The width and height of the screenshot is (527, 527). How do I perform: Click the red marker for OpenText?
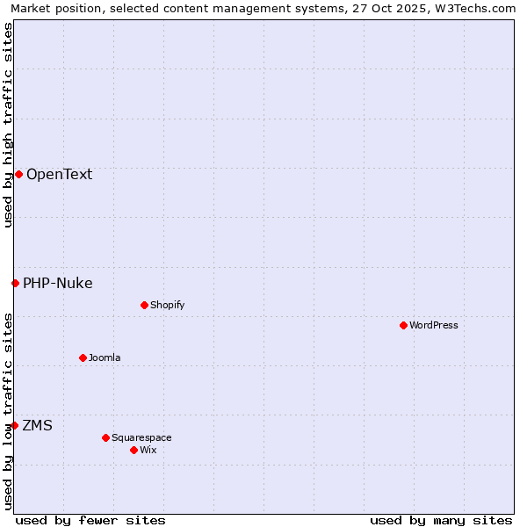tap(18, 174)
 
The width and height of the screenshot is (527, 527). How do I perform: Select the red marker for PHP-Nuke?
tap(15, 283)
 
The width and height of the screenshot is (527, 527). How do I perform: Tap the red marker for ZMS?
tap(14, 425)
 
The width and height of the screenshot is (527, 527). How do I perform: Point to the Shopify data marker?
tap(144, 305)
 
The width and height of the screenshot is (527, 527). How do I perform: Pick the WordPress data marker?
tap(403, 325)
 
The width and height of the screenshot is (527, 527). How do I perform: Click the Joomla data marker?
tap(83, 357)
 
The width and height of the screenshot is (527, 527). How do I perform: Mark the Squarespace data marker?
tap(105, 437)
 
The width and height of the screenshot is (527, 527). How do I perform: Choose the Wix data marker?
tap(134, 450)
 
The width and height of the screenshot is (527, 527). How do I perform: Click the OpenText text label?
tap(59, 174)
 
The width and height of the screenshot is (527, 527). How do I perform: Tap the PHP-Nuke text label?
tap(57, 283)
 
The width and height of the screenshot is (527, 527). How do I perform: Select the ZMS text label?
tap(37, 425)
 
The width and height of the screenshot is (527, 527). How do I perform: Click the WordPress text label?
tap(434, 325)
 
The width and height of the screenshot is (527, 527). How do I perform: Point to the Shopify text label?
tap(167, 305)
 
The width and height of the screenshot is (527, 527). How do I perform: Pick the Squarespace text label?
tap(141, 437)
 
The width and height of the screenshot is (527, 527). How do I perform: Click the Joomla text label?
tap(105, 357)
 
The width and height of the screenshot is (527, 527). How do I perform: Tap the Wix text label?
tap(148, 450)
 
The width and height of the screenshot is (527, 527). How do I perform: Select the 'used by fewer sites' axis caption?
tap(90, 520)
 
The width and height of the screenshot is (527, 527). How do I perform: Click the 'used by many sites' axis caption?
tap(441, 520)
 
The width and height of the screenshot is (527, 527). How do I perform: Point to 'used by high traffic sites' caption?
tap(8, 125)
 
